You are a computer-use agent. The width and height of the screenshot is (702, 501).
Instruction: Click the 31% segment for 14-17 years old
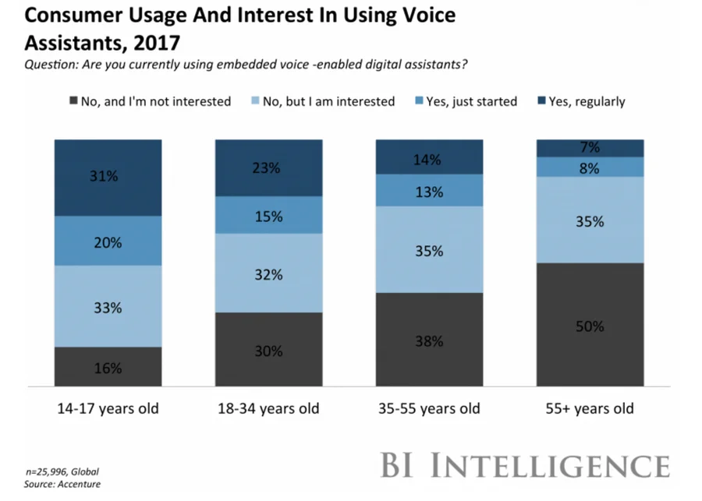pyautogui.click(x=108, y=178)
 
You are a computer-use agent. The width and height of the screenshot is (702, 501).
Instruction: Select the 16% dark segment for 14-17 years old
pyautogui.click(x=108, y=367)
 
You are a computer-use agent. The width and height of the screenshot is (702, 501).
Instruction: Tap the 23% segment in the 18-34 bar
pyautogui.click(x=268, y=168)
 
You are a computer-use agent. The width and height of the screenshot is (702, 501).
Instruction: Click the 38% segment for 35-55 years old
pyautogui.click(x=430, y=340)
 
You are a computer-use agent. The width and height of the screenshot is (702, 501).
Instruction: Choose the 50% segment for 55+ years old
pyautogui.click(x=590, y=325)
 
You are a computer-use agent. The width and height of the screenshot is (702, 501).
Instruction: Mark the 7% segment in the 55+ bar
pyautogui.click(x=590, y=148)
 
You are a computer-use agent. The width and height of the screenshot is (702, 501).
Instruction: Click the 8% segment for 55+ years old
pyautogui.click(x=590, y=167)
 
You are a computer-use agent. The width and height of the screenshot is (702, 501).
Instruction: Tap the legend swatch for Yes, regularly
pyautogui.click(x=542, y=101)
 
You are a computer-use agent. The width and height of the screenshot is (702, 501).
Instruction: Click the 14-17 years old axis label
pyautogui.click(x=108, y=409)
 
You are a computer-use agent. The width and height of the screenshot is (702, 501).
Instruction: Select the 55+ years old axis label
pyautogui.click(x=590, y=409)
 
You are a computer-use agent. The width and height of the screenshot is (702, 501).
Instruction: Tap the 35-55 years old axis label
pyautogui.click(x=430, y=409)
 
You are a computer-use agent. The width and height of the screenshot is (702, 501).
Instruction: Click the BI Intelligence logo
pyautogui.click(x=524, y=465)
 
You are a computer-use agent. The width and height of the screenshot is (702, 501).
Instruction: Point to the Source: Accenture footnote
pyautogui.click(x=62, y=485)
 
